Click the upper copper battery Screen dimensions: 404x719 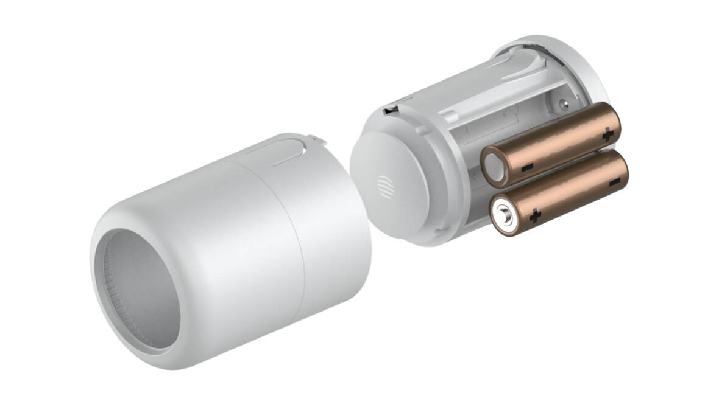tap(551, 144)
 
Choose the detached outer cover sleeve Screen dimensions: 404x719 tap(232, 243)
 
